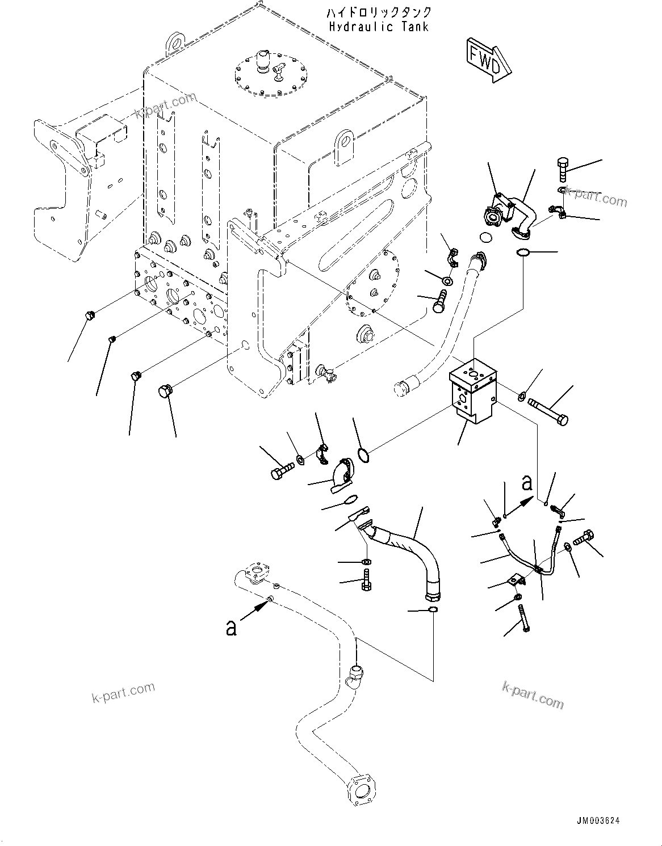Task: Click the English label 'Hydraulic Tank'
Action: coord(379,26)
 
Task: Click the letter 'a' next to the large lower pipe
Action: coord(231,628)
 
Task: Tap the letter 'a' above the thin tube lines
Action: coord(527,483)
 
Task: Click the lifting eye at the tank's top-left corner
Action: coord(175,43)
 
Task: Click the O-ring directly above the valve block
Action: coord(523,252)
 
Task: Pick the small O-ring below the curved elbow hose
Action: coord(432,610)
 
